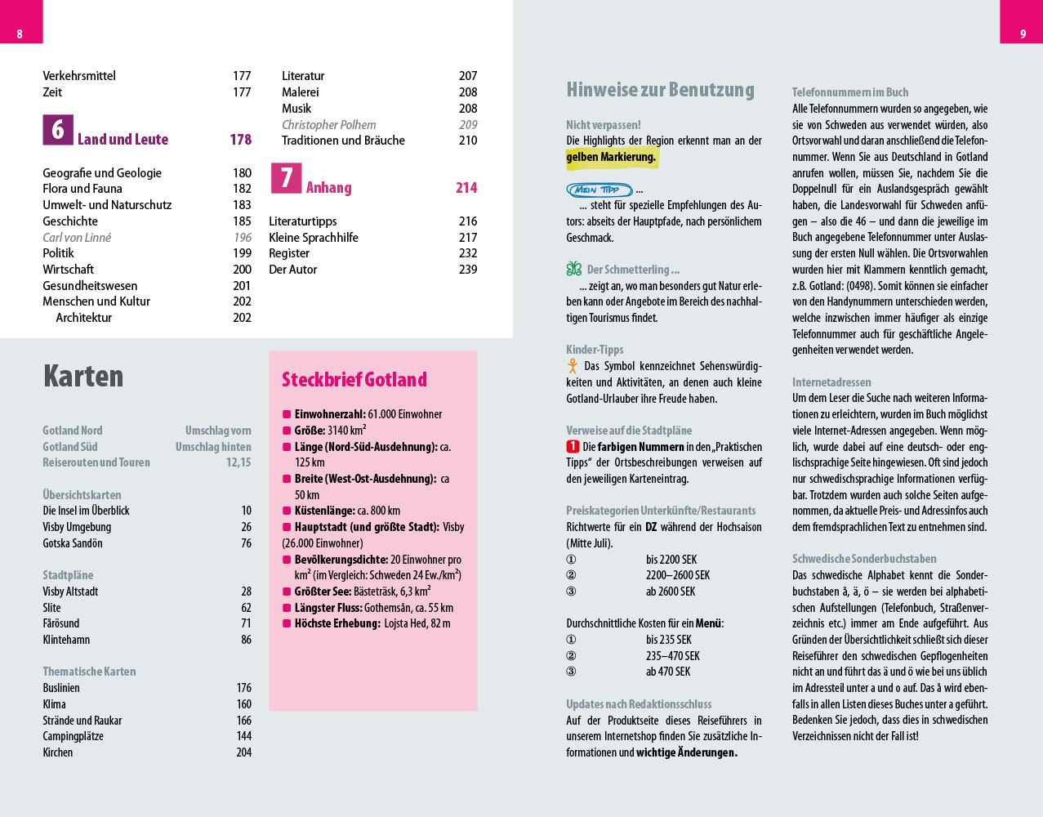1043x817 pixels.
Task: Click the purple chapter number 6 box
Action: (58, 130)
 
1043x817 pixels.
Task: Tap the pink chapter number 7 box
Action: (286, 178)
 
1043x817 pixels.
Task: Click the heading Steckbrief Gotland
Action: (354, 380)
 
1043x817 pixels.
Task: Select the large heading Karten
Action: (83, 376)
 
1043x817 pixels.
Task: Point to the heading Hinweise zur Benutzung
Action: (660, 90)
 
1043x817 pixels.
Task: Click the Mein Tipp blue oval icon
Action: (599, 190)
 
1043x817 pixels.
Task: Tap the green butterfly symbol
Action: (574, 269)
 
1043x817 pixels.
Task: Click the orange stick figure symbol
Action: (573, 366)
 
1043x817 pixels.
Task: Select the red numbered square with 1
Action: (573, 447)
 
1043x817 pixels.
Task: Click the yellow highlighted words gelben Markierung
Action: (611, 157)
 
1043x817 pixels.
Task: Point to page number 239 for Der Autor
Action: (467, 270)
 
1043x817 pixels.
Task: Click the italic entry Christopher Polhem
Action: (328, 125)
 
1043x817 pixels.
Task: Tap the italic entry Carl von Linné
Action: (77, 238)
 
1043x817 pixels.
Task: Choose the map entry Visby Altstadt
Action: (70, 592)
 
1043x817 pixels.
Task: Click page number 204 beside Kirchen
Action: (243, 752)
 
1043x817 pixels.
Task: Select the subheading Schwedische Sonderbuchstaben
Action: (864, 559)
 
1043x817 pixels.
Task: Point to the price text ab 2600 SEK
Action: (671, 592)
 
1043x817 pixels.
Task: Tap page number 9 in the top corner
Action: (1023, 33)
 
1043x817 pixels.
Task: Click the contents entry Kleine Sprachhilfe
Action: (314, 238)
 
